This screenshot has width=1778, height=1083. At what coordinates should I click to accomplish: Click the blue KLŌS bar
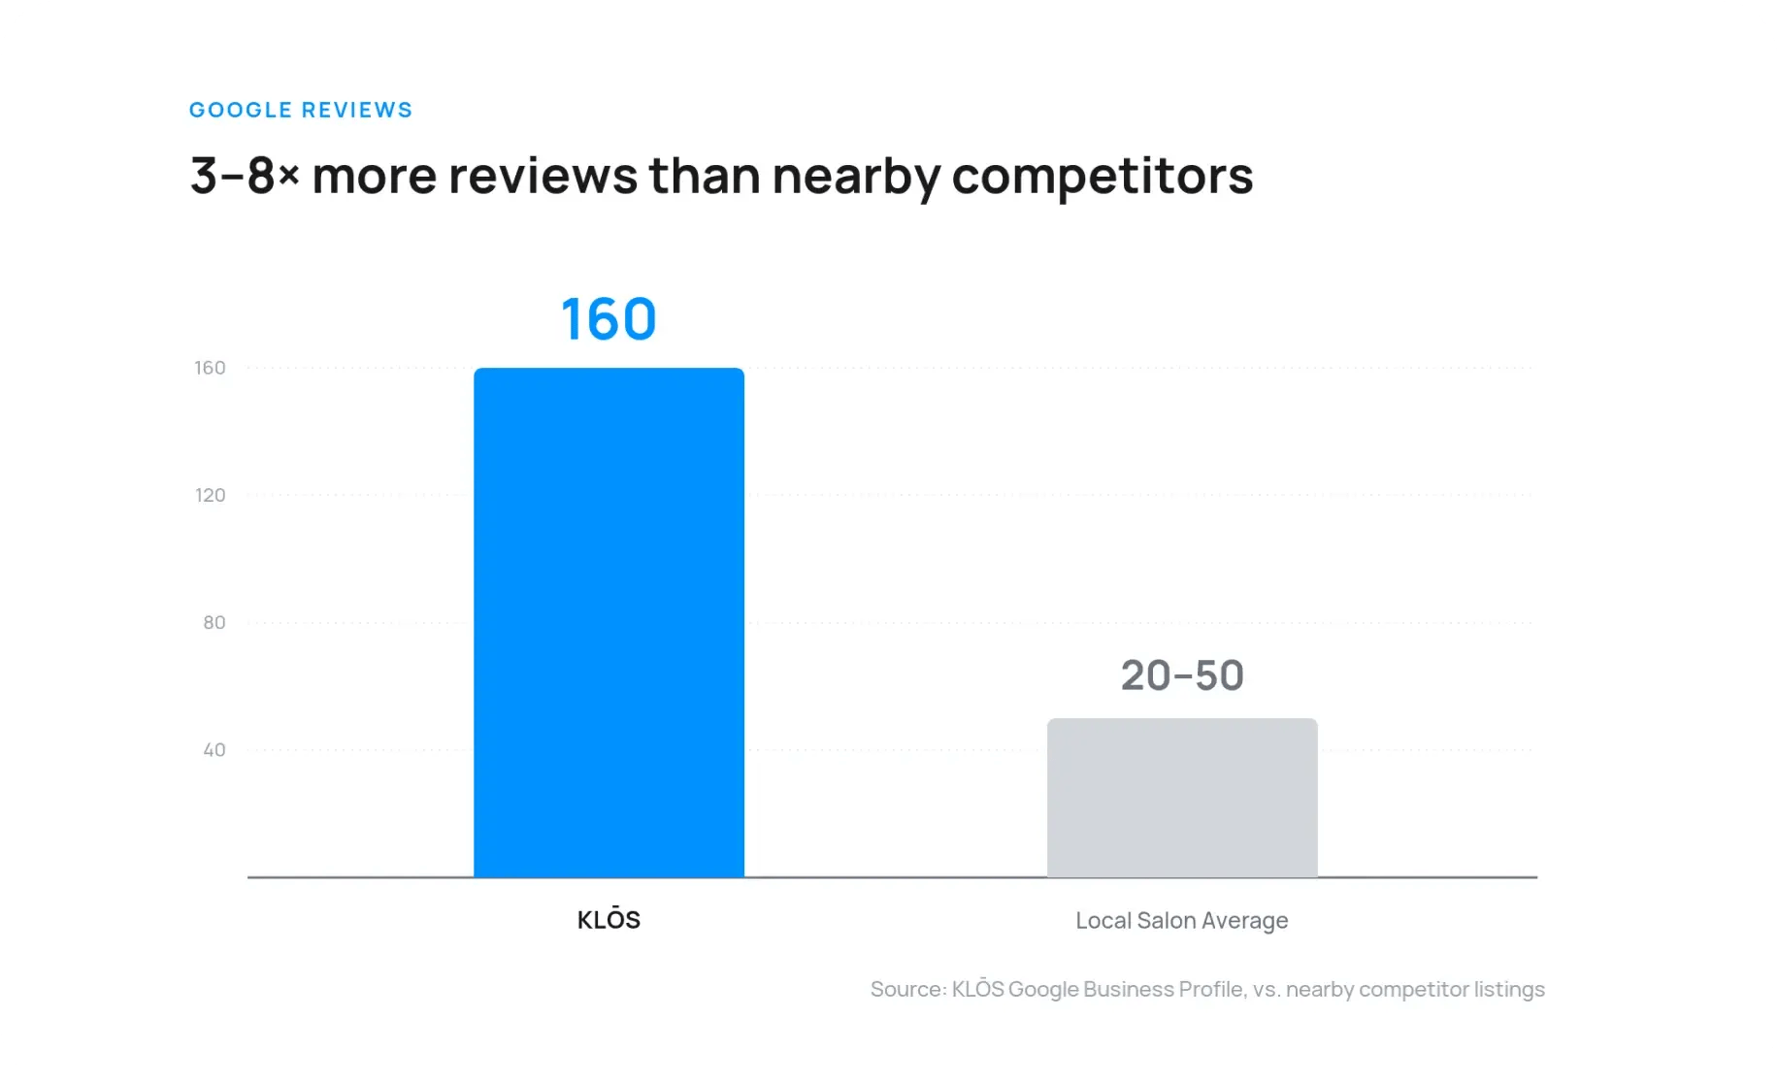click(609, 622)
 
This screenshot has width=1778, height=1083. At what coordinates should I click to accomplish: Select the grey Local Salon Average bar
click(1182, 798)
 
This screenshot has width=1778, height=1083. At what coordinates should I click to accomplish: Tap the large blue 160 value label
click(609, 319)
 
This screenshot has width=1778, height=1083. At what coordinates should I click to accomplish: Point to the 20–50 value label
click(1182, 675)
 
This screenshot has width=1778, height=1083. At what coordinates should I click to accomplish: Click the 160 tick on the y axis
click(210, 368)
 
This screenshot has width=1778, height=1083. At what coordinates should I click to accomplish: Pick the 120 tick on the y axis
click(210, 495)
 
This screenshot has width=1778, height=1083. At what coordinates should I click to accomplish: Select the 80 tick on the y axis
click(214, 622)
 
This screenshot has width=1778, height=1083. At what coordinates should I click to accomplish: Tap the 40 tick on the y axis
click(214, 749)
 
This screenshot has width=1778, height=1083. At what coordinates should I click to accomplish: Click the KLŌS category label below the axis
click(609, 918)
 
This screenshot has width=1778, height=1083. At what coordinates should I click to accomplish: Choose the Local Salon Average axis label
click(1182, 920)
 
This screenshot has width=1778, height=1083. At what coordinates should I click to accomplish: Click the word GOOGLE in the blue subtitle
click(241, 110)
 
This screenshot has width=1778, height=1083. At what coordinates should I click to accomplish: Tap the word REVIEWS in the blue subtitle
click(357, 110)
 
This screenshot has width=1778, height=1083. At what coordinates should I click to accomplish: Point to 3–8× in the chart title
click(245, 176)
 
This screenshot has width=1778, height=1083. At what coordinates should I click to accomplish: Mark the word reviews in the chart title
click(543, 176)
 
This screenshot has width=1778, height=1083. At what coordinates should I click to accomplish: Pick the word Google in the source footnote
click(1043, 990)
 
